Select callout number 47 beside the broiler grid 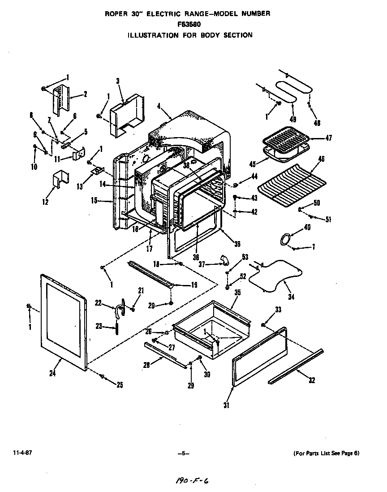tap(328, 138)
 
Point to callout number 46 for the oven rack tap(321, 159)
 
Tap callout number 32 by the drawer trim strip tap(312, 380)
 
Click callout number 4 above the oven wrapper tap(159, 106)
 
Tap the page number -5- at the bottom tap(183, 453)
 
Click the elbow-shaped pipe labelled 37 tap(223, 260)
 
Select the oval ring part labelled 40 tap(284, 240)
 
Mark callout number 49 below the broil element tap(293, 119)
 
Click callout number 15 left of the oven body tap(94, 200)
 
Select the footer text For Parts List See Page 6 tap(326, 453)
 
